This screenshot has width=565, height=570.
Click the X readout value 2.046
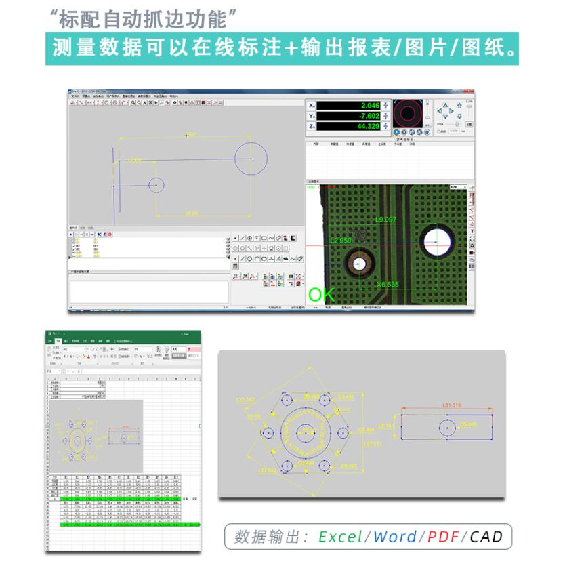[370, 106]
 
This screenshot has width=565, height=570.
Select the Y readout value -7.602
[370, 116]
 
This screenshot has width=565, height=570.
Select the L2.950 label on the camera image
[341, 241]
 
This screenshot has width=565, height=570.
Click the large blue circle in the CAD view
[251, 159]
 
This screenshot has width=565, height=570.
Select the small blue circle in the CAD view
[156, 185]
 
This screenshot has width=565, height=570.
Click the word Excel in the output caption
[341, 537]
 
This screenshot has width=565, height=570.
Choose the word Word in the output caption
[395, 537]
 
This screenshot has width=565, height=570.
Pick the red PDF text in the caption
[443, 537]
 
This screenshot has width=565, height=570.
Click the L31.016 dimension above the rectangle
[451, 405]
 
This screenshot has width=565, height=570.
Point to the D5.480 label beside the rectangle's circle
[469, 424]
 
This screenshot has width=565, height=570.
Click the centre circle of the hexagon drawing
[306, 430]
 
